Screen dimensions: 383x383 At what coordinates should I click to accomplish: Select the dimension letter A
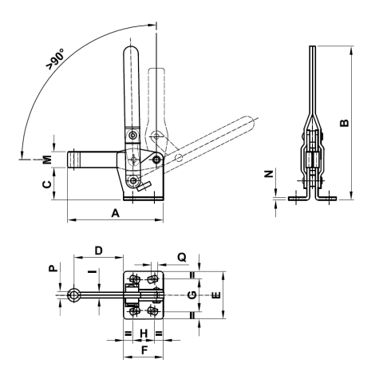click(114, 213)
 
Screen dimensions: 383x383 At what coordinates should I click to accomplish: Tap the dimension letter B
click(345, 122)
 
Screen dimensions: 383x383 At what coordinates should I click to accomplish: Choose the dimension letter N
click(268, 173)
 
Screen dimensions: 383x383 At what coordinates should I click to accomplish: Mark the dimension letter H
click(143, 332)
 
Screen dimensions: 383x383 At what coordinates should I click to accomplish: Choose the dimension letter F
click(143, 349)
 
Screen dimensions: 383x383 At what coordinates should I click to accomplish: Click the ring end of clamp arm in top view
click(73, 296)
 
